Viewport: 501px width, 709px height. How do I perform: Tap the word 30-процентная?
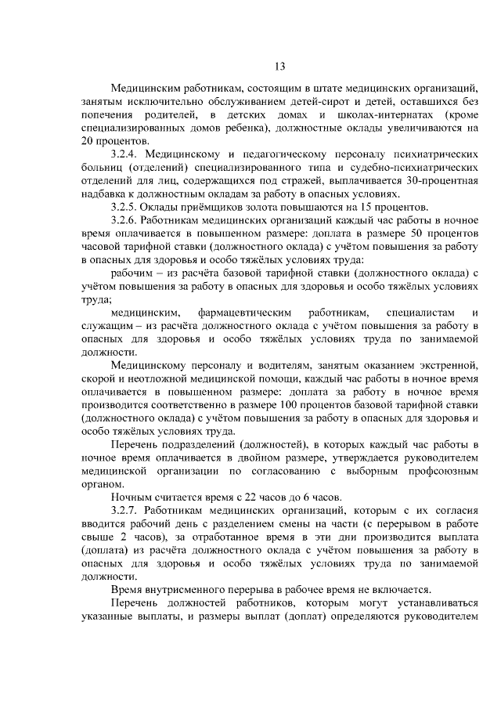pos(442,181)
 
